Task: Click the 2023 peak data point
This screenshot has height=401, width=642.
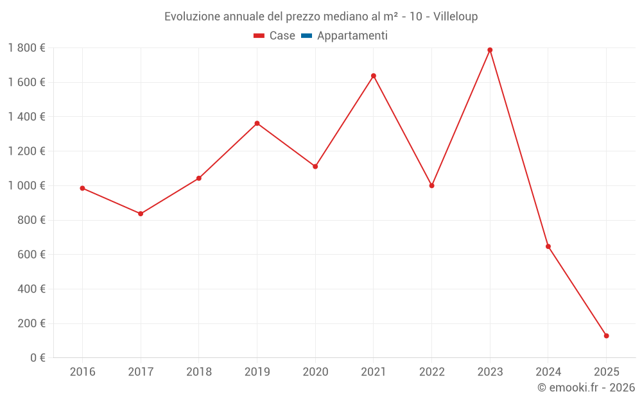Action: click(490, 50)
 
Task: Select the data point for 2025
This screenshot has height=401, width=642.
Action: click(606, 336)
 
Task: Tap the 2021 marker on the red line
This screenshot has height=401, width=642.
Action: click(373, 76)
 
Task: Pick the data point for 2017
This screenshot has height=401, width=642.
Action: click(141, 214)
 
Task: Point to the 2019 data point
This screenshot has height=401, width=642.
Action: click(257, 123)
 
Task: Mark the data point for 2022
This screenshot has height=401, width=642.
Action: click(431, 185)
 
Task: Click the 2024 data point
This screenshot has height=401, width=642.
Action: click(548, 246)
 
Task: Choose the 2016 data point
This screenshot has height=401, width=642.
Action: click(82, 188)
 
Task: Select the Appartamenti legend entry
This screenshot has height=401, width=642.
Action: click(352, 36)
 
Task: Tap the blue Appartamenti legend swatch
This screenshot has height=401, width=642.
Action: click(306, 36)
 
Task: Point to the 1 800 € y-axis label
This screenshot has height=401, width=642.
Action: click(26, 47)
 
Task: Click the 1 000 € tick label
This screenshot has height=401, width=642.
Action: click(26, 185)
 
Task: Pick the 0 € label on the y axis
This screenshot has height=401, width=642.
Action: click(38, 357)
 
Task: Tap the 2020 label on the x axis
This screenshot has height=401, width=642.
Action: click(315, 372)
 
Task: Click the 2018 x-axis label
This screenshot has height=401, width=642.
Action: click(198, 372)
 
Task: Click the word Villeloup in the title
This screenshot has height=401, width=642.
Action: click(455, 17)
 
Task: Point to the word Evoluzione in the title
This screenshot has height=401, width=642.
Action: click(192, 17)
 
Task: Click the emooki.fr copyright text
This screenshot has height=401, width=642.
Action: click(586, 388)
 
